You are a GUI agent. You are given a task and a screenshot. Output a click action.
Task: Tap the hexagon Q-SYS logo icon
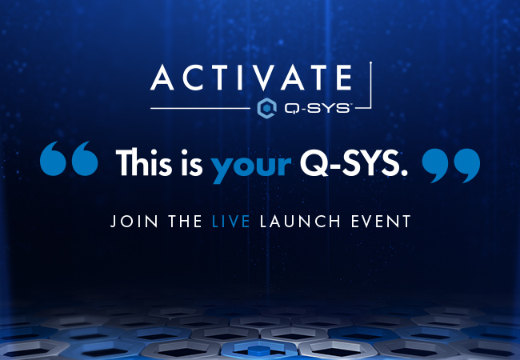[266, 107]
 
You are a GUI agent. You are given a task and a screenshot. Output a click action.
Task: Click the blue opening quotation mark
[69, 159]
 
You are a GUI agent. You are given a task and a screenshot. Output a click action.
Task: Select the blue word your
[250, 165]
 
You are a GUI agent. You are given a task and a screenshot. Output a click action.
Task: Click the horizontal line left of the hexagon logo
[200, 107]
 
